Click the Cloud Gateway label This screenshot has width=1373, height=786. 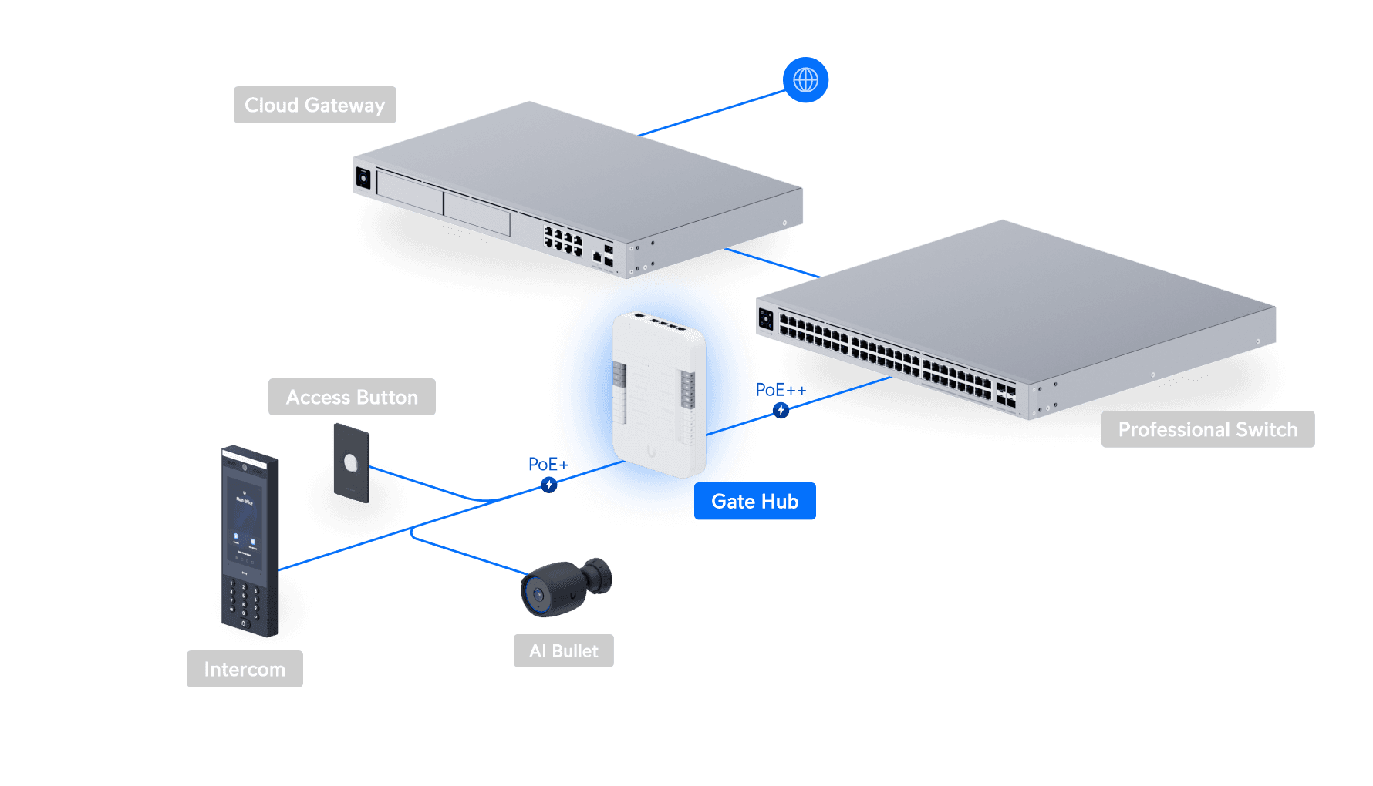tap(315, 105)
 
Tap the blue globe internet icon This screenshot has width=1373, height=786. tap(805, 80)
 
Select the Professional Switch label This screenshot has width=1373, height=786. tap(1207, 429)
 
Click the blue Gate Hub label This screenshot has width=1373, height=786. tap(754, 502)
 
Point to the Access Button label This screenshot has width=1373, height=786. tap(352, 397)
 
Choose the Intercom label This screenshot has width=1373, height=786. tap(245, 669)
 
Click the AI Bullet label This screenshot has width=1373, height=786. tap(563, 651)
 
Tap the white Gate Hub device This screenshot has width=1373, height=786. tap(659, 393)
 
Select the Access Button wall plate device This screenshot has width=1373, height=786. tap(352, 462)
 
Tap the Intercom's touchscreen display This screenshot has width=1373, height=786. tap(244, 524)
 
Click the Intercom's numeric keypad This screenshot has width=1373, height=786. tap(244, 601)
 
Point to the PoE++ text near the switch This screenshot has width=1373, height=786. tap(780, 390)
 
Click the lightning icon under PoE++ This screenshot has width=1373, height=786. tap(781, 410)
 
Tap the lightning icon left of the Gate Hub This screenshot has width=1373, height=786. tap(548, 485)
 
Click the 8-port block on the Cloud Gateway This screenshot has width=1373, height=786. tap(563, 240)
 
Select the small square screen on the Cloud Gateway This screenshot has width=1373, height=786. tap(363, 178)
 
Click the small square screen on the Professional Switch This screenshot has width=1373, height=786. tap(766, 318)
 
